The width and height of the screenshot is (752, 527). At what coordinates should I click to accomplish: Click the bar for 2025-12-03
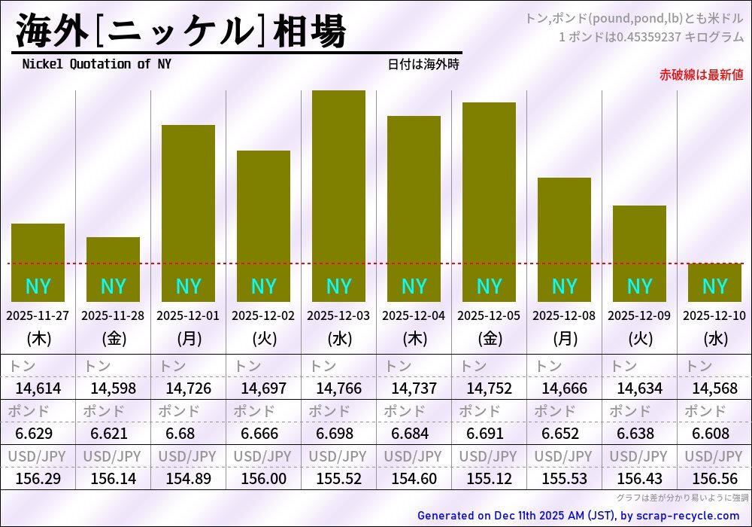[338, 196]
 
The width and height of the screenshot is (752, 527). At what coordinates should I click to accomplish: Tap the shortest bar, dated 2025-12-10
[714, 282]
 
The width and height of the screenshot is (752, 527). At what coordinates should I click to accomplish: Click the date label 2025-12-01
[188, 316]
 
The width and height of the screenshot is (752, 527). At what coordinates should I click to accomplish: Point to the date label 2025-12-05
[489, 316]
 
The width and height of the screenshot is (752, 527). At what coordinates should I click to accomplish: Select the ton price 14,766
[338, 388]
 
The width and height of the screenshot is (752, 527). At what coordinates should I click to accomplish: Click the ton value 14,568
[714, 388]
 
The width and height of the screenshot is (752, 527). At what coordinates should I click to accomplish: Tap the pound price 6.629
[38, 434]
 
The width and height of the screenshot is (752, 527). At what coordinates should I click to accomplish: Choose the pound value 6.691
[489, 434]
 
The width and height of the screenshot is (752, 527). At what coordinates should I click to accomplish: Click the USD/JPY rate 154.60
[414, 479]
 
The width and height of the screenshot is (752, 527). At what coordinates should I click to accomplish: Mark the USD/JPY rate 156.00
[263, 479]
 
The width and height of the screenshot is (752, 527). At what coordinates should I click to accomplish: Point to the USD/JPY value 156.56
[714, 479]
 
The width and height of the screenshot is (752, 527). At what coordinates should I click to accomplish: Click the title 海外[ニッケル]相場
[180, 32]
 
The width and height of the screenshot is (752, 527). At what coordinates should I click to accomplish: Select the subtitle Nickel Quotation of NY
[96, 64]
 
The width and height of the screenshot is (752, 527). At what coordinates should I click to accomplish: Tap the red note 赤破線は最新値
[701, 75]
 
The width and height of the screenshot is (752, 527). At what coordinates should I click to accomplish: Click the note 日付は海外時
[423, 65]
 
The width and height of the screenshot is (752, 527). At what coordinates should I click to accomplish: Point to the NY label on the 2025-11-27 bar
[38, 287]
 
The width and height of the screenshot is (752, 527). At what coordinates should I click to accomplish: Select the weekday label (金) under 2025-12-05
[489, 339]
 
